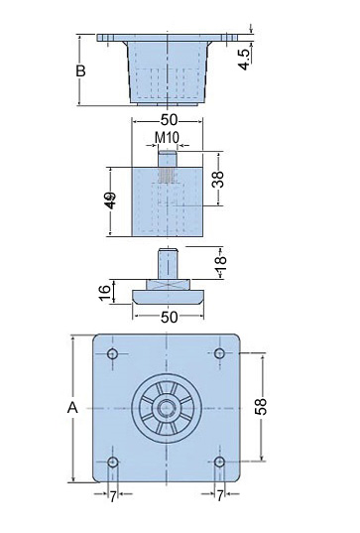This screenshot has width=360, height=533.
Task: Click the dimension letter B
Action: pyautogui.click(x=80, y=71)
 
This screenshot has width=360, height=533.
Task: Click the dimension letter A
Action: pyautogui.click(x=72, y=407)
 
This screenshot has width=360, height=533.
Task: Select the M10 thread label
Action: pyautogui.click(x=167, y=138)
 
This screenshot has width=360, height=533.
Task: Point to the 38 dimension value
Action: pyautogui.click(x=218, y=179)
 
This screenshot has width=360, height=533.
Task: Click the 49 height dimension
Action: pyautogui.click(x=110, y=200)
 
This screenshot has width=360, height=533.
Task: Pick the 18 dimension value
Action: pyautogui.click(x=220, y=262)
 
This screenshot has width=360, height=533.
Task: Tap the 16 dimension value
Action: pyautogui.click(x=105, y=293)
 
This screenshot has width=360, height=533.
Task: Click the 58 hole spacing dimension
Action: pyautogui.click(x=261, y=407)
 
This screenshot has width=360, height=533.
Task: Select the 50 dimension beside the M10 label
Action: pyautogui.click(x=169, y=120)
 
